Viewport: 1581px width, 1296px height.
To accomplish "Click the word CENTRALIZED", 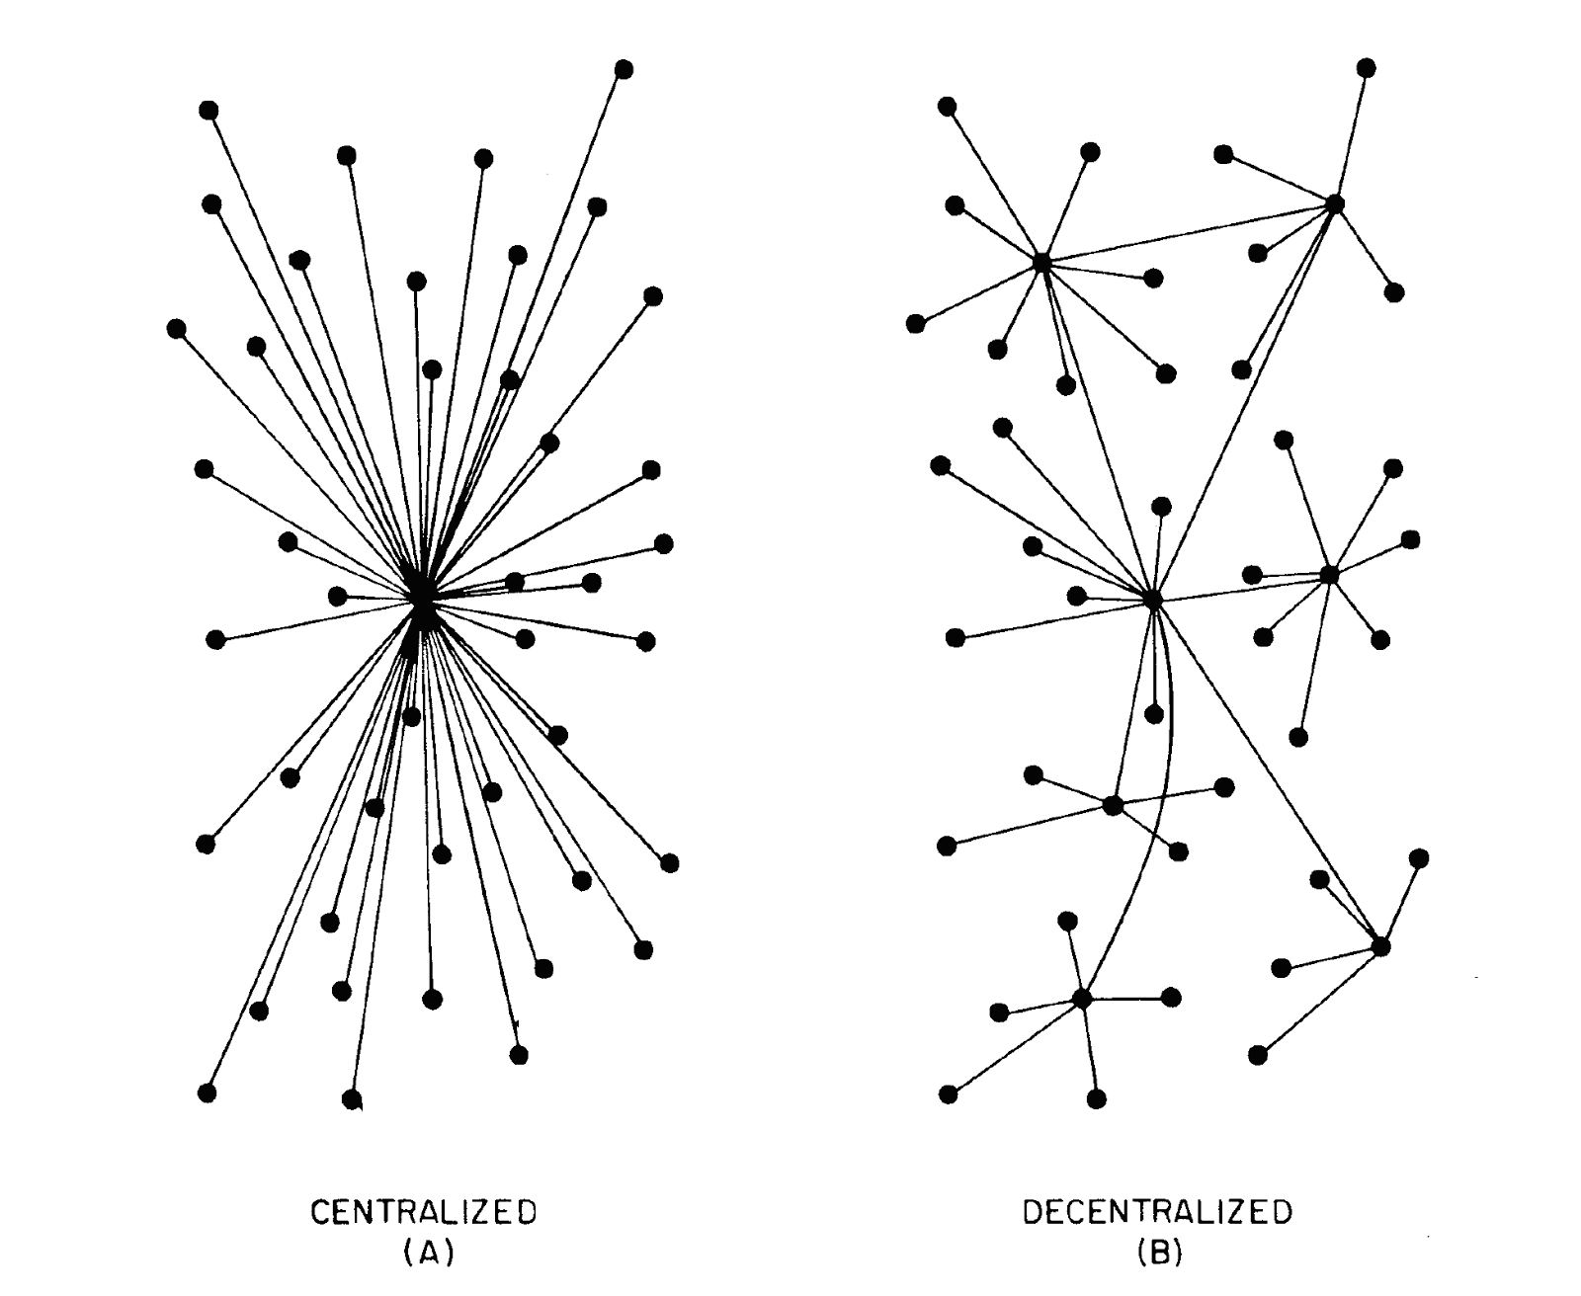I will coord(424,1212).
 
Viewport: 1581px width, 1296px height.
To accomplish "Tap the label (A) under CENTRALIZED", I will coord(427,1253).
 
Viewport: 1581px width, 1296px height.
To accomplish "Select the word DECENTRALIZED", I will coord(1156,1212).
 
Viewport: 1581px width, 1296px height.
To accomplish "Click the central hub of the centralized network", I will coord(421,599).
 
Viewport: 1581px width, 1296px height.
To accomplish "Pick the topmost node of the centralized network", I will coord(624,69).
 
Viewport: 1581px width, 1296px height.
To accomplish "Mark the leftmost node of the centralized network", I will coord(177,328).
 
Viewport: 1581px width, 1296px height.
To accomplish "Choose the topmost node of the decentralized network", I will coord(1367,67).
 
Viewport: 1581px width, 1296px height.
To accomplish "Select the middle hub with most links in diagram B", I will coord(1152,599).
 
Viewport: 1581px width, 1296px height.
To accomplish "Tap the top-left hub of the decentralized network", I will coord(1041,262).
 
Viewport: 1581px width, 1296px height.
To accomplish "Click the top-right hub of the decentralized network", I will coord(1335,203).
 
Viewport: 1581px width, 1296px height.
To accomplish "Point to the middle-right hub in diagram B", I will coord(1329,574).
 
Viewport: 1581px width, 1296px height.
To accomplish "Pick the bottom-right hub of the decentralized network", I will coord(1381,946).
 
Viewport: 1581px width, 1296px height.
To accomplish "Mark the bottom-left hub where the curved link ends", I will coord(1082,998).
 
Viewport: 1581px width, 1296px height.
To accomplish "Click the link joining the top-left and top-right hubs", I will coord(1186,233).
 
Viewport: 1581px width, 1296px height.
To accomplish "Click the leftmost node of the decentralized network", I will coord(916,323).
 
